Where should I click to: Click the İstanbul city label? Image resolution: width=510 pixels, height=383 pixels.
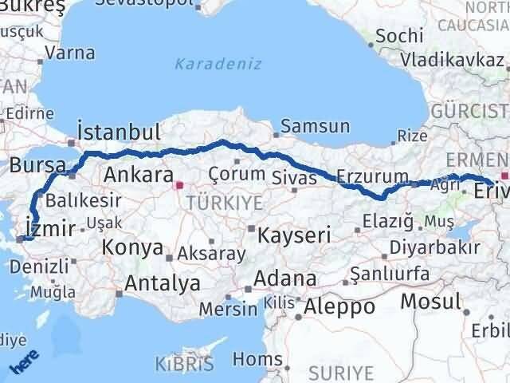click(x=120, y=132)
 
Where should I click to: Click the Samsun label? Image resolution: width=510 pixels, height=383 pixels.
click(x=315, y=126)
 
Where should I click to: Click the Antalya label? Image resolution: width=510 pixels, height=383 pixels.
click(x=163, y=282)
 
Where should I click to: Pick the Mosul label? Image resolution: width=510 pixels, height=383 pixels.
click(x=430, y=301)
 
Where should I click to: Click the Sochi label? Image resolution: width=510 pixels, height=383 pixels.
click(x=394, y=36)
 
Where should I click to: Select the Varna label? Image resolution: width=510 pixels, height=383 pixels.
click(x=70, y=53)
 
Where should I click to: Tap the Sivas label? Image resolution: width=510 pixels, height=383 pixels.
click(x=294, y=176)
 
